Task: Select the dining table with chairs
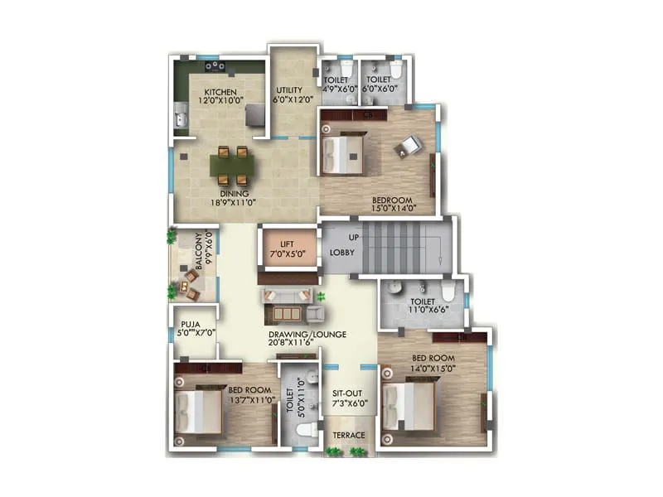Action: (232, 165)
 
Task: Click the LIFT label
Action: (288, 244)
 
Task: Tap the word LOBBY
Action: (343, 252)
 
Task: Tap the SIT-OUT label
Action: (348, 395)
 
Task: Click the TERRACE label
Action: (347, 434)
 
